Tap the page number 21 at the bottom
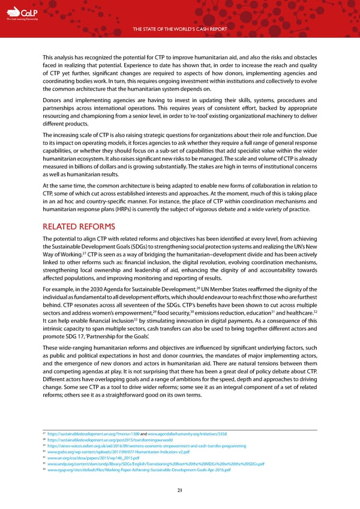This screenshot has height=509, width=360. point(179,490)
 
